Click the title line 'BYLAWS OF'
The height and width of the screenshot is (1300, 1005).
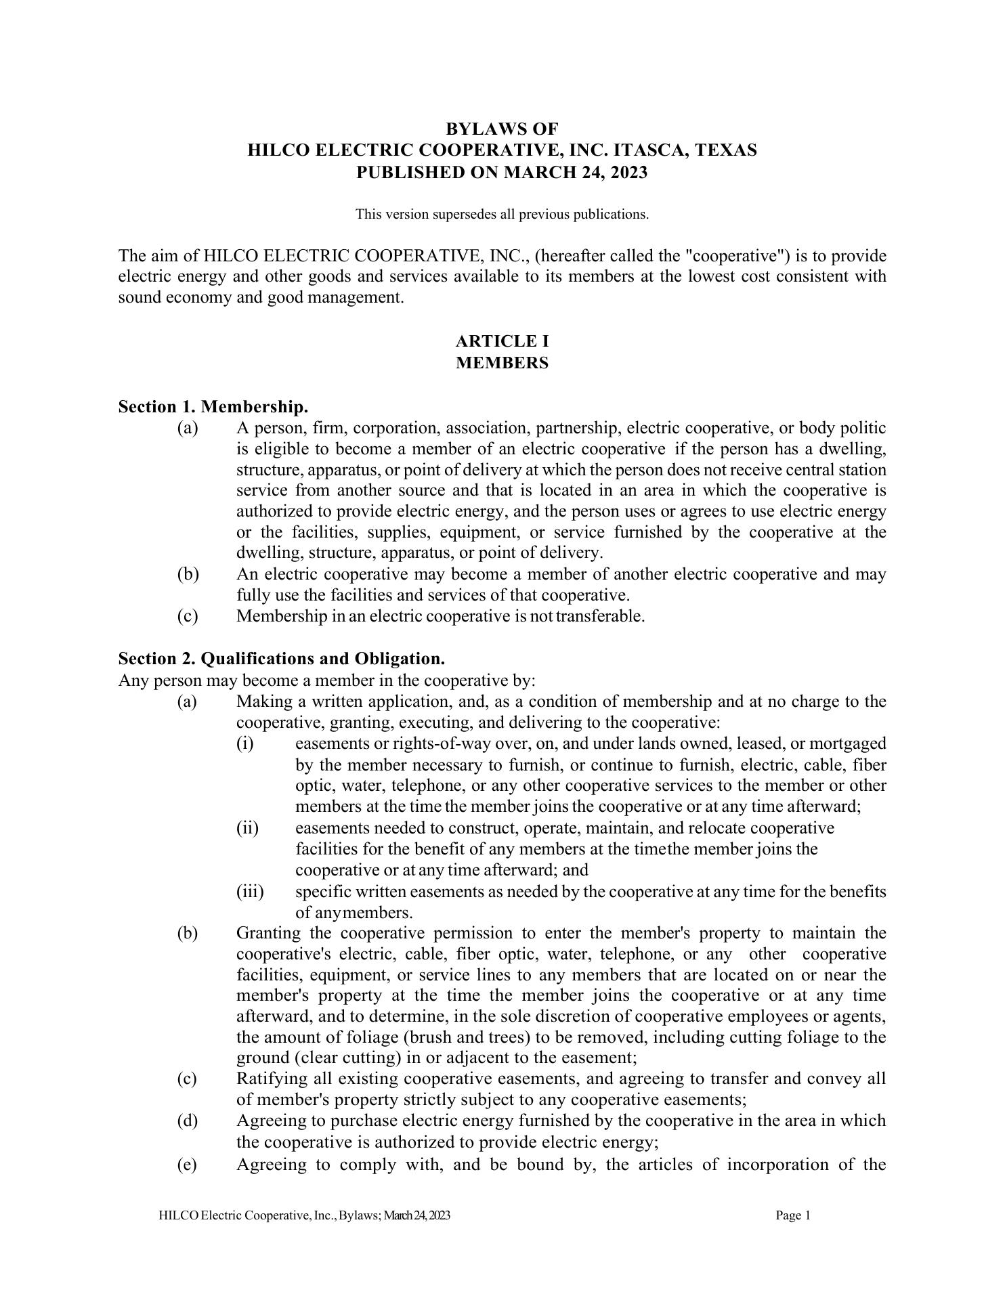coord(502,128)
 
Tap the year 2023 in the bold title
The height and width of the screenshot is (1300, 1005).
coord(629,172)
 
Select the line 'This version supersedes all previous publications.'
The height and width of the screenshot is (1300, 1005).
coord(502,215)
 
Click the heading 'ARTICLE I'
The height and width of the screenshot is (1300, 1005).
coord(502,341)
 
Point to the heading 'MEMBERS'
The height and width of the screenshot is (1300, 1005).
coord(502,363)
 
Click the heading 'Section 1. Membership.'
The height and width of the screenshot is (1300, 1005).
coord(213,407)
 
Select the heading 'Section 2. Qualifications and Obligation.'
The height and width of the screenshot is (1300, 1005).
coord(282,658)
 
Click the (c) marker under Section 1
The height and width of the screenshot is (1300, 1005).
coord(188,616)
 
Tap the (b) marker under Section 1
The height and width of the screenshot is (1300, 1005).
coord(188,574)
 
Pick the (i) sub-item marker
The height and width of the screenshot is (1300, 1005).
coord(244,743)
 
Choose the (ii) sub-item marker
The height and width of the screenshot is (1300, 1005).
coord(247,828)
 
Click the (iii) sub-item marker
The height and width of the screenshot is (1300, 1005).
coord(250,892)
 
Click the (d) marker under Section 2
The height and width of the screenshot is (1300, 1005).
coord(188,1121)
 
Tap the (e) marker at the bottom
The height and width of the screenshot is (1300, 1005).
coord(188,1165)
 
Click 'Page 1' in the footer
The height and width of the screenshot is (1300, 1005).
coord(793,1215)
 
